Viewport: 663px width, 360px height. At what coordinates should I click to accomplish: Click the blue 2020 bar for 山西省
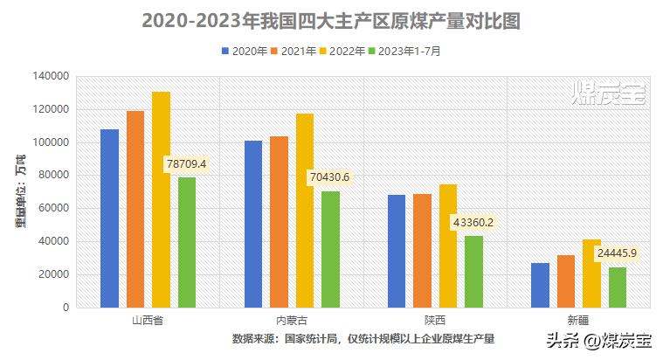point(109,218)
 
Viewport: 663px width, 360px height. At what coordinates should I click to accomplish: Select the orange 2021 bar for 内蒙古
point(279,222)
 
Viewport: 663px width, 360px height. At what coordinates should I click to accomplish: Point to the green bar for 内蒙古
point(330,249)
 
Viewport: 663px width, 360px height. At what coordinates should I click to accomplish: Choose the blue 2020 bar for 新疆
point(540,285)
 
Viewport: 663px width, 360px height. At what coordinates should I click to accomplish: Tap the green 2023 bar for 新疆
point(618,287)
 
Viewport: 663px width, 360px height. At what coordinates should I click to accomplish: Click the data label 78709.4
point(191,163)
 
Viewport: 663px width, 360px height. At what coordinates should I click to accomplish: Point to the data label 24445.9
point(618,253)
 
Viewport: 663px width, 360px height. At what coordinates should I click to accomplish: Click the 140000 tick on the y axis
point(52,77)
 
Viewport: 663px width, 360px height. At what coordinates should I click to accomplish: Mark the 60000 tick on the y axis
point(54,209)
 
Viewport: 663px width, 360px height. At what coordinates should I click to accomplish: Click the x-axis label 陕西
point(435,321)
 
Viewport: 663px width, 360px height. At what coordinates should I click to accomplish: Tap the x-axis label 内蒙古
point(291,321)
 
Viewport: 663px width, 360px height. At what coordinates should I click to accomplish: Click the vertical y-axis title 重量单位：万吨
point(19,192)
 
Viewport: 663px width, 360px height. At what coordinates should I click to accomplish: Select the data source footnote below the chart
point(363,339)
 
